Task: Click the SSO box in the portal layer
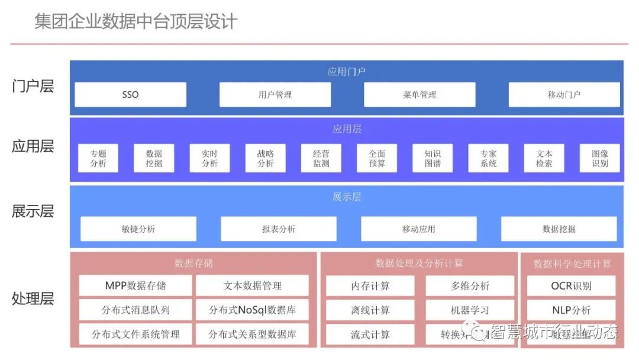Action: (x=130, y=95)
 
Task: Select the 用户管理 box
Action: (x=275, y=95)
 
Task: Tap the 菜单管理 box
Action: (x=419, y=95)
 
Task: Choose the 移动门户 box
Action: (x=564, y=95)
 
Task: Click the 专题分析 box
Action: (x=98, y=159)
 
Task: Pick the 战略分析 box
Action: (x=266, y=159)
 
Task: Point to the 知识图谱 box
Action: (x=433, y=159)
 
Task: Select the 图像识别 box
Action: (x=600, y=159)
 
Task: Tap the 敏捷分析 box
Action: (x=138, y=229)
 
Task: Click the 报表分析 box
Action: (x=279, y=229)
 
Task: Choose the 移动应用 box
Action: (x=419, y=229)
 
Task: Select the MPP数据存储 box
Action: (x=135, y=286)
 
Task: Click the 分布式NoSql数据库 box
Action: (x=253, y=310)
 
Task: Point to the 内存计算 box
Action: (x=370, y=286)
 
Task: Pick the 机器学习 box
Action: (x=470, y=310)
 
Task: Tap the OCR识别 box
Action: (x=571, y=286)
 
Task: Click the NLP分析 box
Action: (x=571, y=310)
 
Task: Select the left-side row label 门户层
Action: (x=33, y=86)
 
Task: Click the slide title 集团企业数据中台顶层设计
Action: (x=136, y=22)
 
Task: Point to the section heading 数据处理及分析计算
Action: (x=419, y=263)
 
